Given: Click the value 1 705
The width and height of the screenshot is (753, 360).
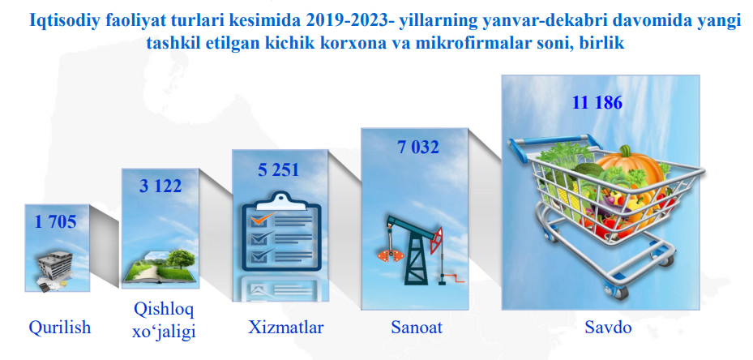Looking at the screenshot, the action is pyautogui.click(x=55, y=221).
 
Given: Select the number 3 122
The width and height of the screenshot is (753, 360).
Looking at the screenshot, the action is pyautogui.click(x=160, y=186).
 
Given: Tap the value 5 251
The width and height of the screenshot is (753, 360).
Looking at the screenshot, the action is pyautogui.click(x=279, y=170).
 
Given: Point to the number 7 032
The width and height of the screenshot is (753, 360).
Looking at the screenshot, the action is pyautogui.click(x=417, y=147).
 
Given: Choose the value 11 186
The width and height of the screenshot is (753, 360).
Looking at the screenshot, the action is pyautogui.click(x=597, y=103).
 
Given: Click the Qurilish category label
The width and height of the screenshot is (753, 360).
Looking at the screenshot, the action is pyautogui.click(x=59, y=328).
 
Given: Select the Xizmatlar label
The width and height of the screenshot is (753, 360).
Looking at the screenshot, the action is pyautogui.click(x=286, y=328).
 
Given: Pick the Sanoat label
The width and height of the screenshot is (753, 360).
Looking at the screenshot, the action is pyautogui.click(x=417, y=328).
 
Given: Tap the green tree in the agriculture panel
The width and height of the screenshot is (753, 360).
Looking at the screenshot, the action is pyautogui.click(x=181, y=259).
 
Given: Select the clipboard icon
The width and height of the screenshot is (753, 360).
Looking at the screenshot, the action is pyautogui.click(x=281, y=232).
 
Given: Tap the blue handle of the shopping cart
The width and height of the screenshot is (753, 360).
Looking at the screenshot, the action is pyautogui.click(x=550, y=141).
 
